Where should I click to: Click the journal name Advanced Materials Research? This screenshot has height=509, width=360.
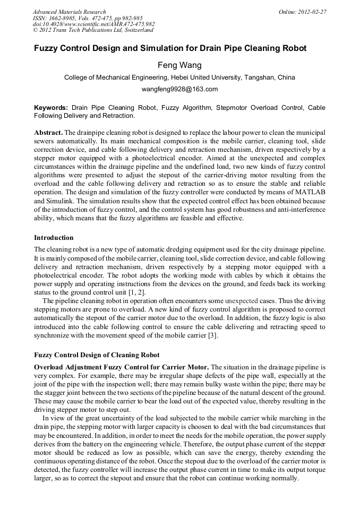69,12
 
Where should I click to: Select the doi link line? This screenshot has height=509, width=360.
93,24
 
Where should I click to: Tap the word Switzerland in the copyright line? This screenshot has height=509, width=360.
136,31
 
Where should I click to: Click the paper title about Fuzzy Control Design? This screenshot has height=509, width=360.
170,48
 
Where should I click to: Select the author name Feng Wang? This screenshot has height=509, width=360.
179,65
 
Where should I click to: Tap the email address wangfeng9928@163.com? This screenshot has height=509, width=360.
179,89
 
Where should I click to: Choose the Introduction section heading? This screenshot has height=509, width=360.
54,237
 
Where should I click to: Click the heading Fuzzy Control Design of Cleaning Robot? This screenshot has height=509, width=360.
97,355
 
